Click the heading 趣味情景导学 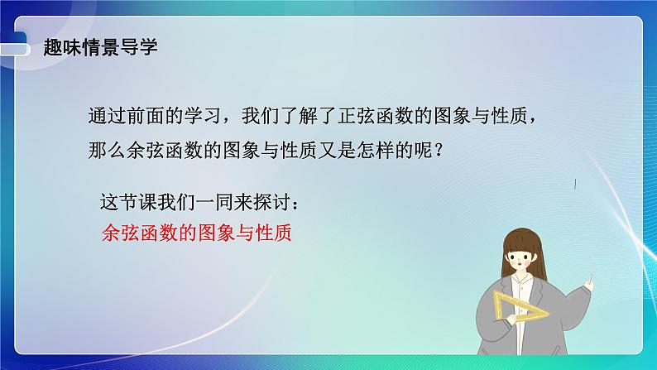coord(100,47)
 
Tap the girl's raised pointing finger coord(591,278)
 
